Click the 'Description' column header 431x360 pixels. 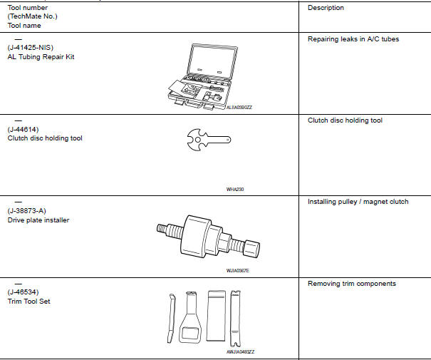(x=326, y=8)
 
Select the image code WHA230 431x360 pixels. (x=235, y=190)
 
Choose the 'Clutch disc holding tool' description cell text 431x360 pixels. (x=345, y=120)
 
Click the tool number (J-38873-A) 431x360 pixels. (x=28, y=211)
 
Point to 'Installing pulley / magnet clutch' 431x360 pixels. (x=358, y=202)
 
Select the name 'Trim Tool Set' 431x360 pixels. (x=29, y=302)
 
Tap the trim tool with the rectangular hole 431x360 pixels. (x=191, y=318)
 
